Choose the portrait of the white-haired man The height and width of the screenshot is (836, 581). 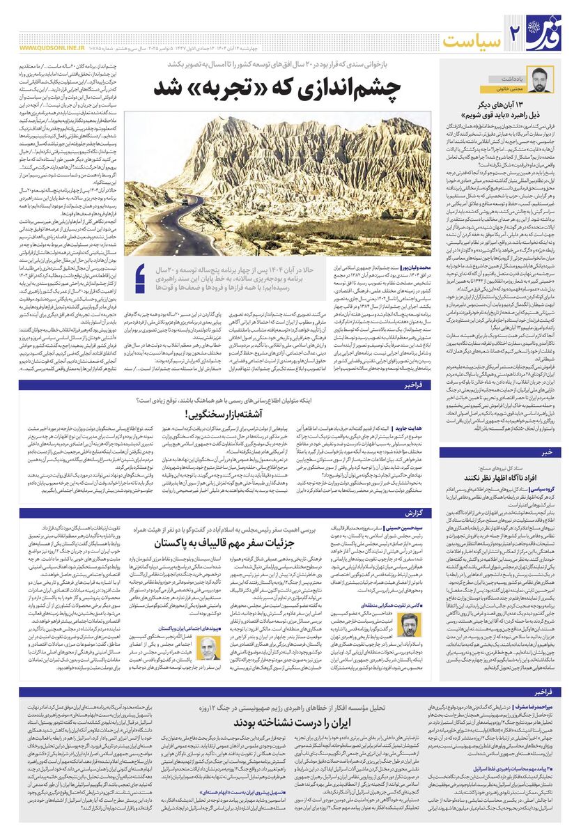tap(207, 646)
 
